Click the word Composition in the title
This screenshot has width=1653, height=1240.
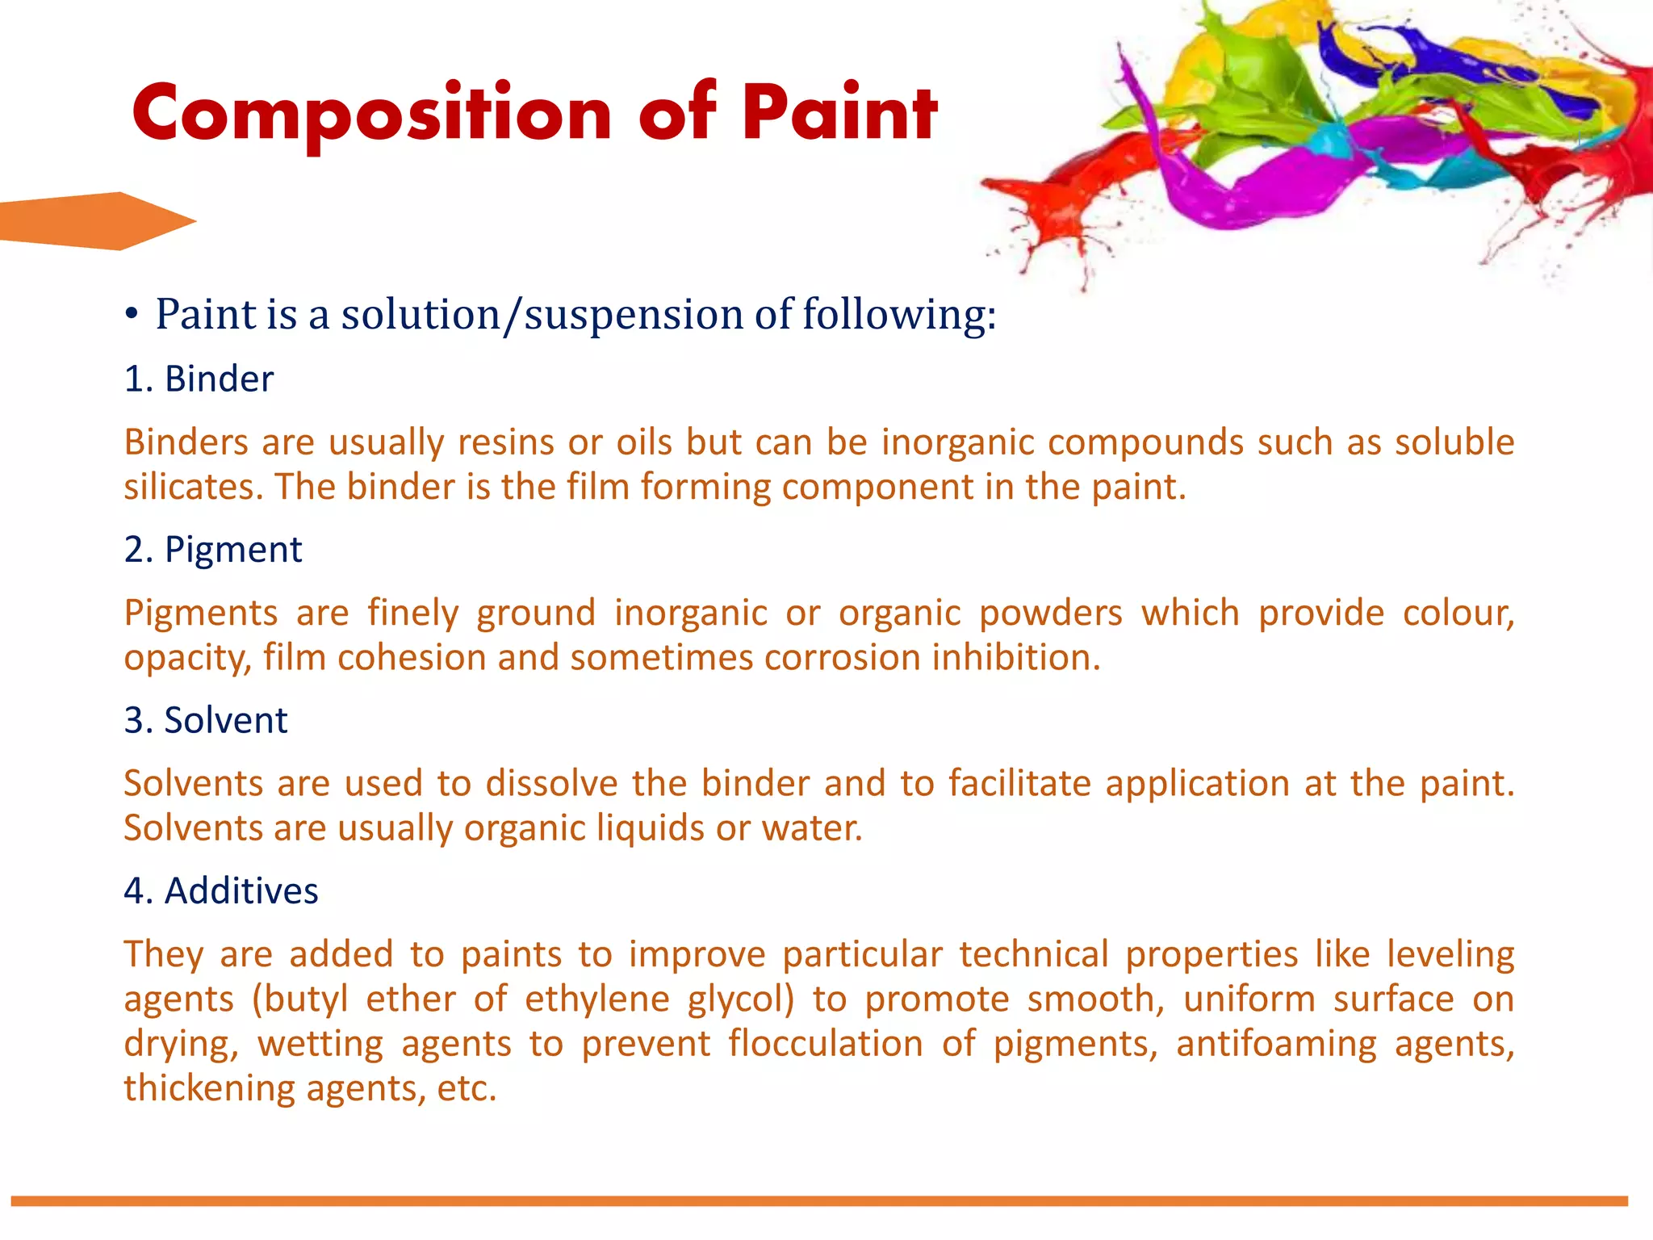pos(371,113)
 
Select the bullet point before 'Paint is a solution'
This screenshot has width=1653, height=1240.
pos(132,316)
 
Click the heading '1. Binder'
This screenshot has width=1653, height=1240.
pos(199,379)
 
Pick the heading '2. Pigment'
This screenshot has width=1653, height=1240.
pos(213,550)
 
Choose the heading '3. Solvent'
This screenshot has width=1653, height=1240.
pos(206,720)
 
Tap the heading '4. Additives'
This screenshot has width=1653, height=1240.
pos(221,891)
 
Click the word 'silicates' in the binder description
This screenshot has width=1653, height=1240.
pos(193,487)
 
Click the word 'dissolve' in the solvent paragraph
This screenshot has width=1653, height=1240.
pos(551,784)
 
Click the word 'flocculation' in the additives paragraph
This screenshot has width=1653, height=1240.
pos(825,1043)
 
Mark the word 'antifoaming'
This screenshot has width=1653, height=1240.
pos(1276,1043)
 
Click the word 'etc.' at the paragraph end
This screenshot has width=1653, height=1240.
pos(467,1088)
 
